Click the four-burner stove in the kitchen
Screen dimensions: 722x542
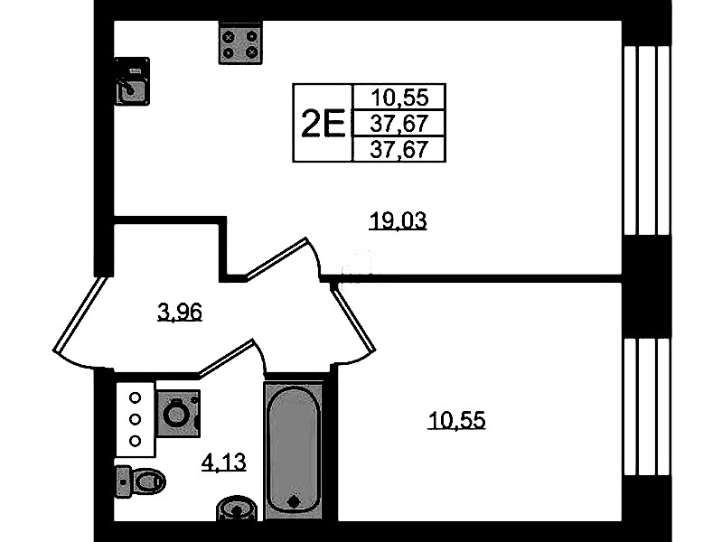click(x=240, y=43)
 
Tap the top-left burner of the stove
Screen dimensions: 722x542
click(x=229, y=37)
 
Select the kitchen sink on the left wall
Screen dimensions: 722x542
click(x=132, y=81)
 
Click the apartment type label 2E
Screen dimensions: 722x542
click(x=323, y=124)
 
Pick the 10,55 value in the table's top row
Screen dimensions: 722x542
click(x=399, y=98)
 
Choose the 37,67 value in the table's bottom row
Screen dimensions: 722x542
click(x=399, y=150)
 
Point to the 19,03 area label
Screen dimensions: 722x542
click(x=399, y=221)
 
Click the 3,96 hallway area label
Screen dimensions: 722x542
click(x=180, y=313)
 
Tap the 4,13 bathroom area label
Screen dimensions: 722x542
click(x=224, y=462)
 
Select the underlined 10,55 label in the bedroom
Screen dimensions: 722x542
click(x=456, y=420)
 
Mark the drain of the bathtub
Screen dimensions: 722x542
click(x=294, y=501)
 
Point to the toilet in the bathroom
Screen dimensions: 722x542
click(x=140, y=481)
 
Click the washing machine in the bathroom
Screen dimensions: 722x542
click(x=179, y=414)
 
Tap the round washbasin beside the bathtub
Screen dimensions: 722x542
click(x=236, y=508)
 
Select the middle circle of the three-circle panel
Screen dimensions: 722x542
click(x=135, y=419)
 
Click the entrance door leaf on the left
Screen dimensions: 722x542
click(x=80, y=315)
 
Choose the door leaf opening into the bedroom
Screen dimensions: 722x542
click(x=353, y=317)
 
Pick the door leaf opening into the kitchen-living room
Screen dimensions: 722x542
click(x=276, y=258)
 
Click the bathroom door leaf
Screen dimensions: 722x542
click(x=226, y=358)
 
